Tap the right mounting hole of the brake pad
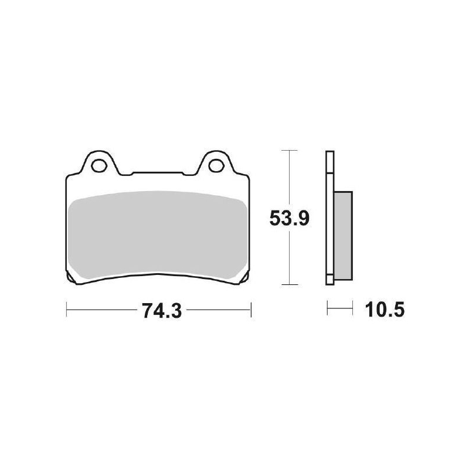[x=216, y=164]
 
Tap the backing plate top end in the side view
[x=329, y=154]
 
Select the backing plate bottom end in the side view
[x=329, y=281]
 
